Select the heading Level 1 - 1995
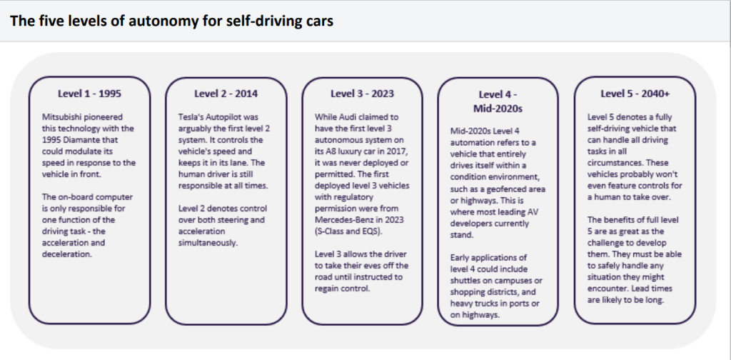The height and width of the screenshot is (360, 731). [x=89, y=94]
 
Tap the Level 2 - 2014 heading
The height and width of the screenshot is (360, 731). [x=226, y=94]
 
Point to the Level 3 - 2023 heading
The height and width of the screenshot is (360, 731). [x=362, y=94]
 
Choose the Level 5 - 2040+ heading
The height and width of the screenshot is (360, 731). [x=635, y=94]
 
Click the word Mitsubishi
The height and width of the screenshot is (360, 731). [x=61, y=116]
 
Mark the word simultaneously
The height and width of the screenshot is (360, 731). [x=208, y=242]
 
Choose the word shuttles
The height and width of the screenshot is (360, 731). [x=465, y=281]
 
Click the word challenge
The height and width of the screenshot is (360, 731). [x=607, y=242]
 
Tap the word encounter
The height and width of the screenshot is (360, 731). [x=605, y=288]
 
